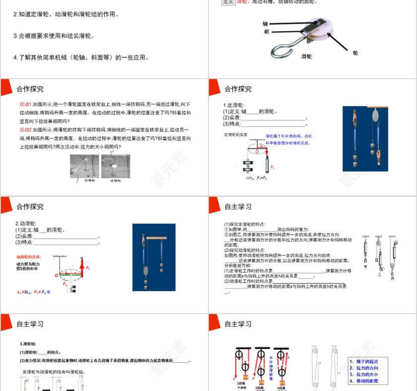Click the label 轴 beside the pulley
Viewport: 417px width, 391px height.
point(265,23)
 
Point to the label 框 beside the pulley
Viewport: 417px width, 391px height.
point(267,32)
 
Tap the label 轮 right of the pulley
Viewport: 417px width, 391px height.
point(355,52)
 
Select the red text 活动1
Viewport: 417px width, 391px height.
point(25,104)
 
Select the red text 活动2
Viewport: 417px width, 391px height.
point(25,130)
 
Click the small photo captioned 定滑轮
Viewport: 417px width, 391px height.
point(84,166)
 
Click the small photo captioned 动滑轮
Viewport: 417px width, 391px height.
point(115,166)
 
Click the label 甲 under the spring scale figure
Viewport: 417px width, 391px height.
point(365,266)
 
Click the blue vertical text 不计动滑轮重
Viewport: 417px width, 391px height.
point(272,367)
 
